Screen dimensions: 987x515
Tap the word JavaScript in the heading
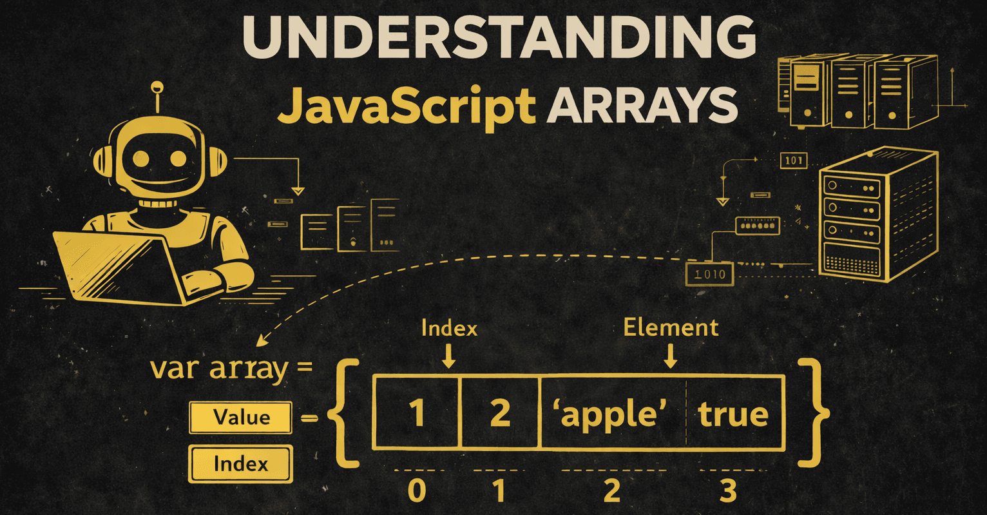(x=407, y=105)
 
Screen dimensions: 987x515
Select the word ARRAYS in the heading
(x=641, y=105)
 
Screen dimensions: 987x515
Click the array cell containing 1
(x=417, y=413)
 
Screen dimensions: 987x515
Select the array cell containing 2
(x=500, y=413)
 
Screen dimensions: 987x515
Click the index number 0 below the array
(x=417, y=491)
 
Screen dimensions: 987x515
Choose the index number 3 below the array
(x=728, y=491)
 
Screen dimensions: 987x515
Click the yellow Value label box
(x=241, y=418)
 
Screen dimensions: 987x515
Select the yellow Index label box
(x=240, y=463)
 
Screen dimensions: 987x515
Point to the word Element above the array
(x=671, y=327)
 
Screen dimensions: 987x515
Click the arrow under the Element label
(x=671, y=356)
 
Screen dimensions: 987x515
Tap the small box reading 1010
(x=709, y=274)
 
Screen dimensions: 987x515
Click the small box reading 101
(x=793, y=160)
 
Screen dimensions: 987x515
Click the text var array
(x=219, y=369)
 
